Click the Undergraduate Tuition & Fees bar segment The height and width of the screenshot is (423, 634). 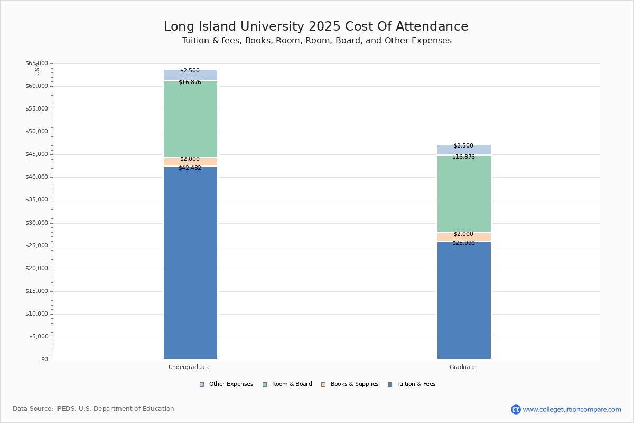190,264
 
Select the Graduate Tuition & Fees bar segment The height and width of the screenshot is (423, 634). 464,301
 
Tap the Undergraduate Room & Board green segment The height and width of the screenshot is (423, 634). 190,119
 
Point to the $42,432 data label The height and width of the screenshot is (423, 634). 190,168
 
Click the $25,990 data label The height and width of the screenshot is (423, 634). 463,243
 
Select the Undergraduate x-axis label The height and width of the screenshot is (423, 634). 190,367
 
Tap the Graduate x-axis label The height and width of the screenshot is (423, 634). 463,367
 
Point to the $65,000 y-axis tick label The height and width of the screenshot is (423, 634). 36,63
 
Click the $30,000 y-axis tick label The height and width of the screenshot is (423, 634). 36,223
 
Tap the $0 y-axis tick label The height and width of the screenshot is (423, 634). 44,360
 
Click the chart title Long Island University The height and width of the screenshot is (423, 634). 316,27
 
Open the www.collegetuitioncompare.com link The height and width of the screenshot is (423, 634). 572,409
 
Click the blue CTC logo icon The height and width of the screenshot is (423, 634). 516,409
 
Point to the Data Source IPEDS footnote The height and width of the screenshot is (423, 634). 94,409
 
